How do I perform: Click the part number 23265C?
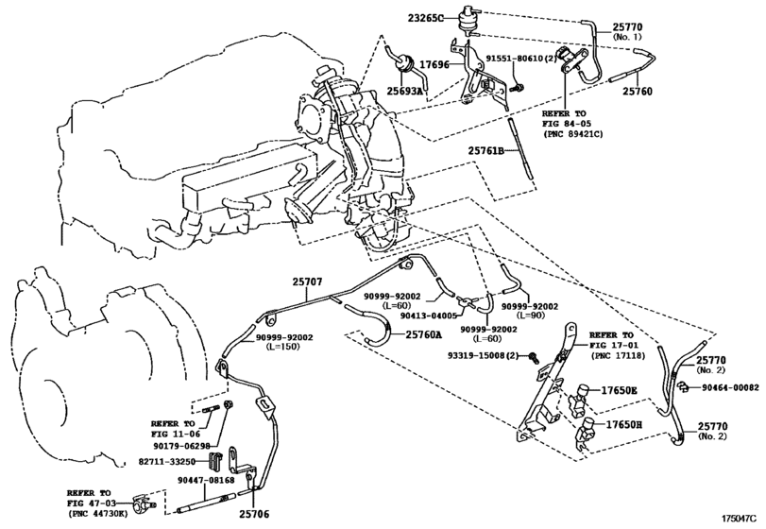(426, 19)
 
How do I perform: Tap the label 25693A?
(404, 91)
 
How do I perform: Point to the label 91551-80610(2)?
(521, 59)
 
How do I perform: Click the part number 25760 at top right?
(637, 92)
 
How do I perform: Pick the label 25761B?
(486, 151)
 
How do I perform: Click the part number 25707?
(307, 282)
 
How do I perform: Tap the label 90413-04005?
(429, 316)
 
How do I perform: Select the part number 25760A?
(423, 334)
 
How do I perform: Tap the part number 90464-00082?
(731, 388)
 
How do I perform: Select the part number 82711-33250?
(167, 462)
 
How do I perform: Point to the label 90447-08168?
(206, 480)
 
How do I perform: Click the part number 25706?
(254, 514)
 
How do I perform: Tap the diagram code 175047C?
(742, 518)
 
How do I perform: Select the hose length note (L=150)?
(283, 347)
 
